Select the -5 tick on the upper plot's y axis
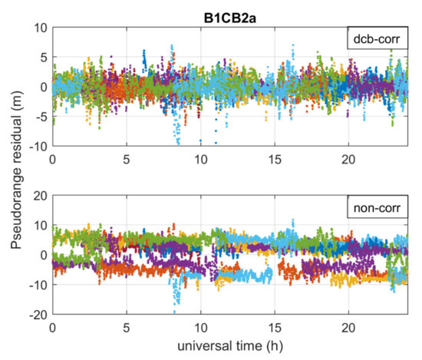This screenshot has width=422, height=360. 38,116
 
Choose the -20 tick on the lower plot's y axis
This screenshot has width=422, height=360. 35,313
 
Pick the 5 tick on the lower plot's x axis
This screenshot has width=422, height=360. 127,325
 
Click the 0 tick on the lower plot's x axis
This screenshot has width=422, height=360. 52,325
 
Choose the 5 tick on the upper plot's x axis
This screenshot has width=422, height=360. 127,157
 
